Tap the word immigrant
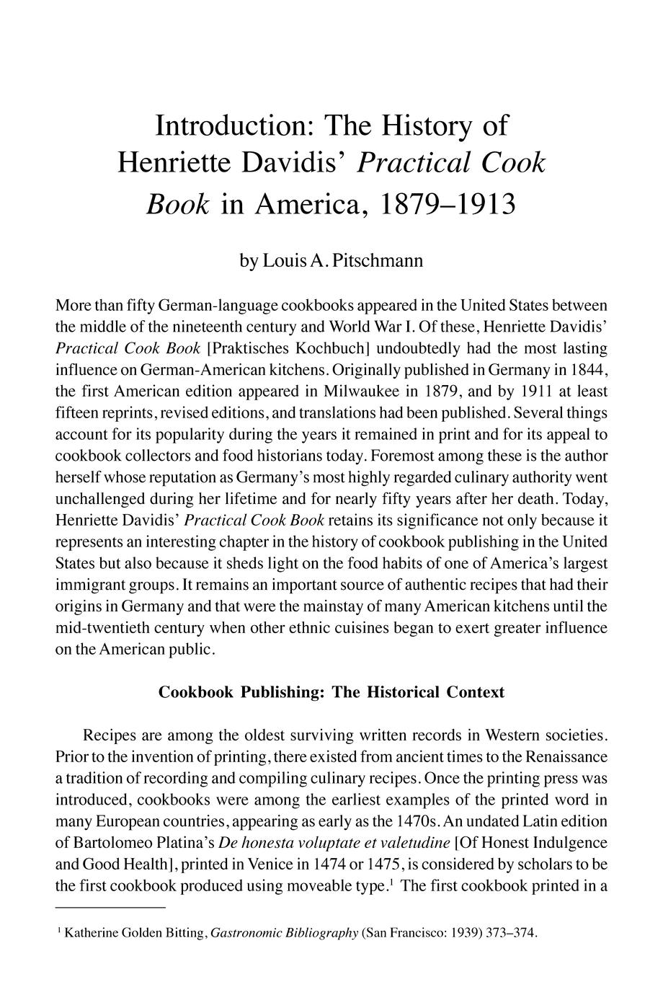click(x=90, y=585)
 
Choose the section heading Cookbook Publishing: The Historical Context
click(x=331, y=692)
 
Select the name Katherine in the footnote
click(x=89, y=933)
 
